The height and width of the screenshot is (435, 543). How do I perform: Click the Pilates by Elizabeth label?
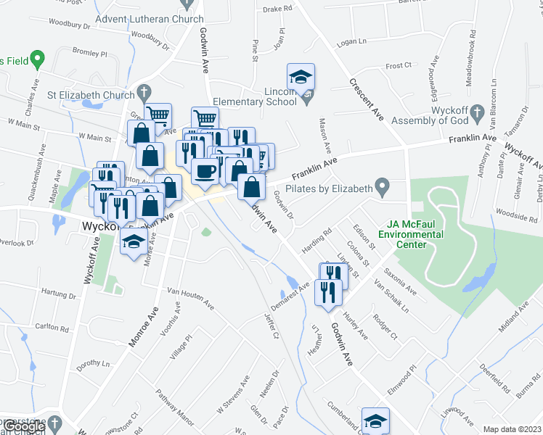pyautogui.click(x=334, y=188)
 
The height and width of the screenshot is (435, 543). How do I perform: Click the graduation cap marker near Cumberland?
pyautogui.click(x=375, y=420)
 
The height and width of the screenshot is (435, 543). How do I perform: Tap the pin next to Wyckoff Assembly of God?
pyautogui.click(x=476, y=112)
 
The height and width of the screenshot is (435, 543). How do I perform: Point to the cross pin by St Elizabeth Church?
pyautogui.click(x=144, y=93)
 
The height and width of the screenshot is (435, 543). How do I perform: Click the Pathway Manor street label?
pyautogui.click(x=175, y=407)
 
